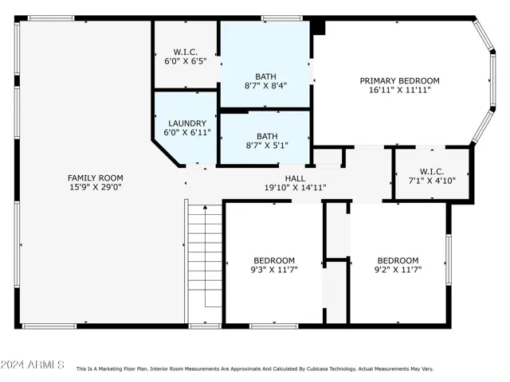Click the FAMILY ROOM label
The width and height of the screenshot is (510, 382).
pos(96,178)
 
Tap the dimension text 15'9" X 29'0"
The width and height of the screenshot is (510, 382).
pos(96,187)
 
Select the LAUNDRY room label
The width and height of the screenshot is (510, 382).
pos(187,123)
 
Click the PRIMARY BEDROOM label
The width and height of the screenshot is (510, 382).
pos(399,80)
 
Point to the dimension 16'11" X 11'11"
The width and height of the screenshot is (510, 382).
pos(399,90)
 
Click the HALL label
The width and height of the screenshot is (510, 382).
pos(295,178)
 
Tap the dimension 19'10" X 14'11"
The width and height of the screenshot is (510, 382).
pos(295,188)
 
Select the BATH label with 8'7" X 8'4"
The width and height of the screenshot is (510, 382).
pos(265,76)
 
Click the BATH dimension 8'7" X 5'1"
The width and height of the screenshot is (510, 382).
pos(267,146)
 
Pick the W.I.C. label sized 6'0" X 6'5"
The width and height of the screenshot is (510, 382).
pos(186,52)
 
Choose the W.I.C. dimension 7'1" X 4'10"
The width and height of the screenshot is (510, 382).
pos(432,181)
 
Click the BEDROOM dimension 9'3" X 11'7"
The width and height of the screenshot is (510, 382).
pos(274,270)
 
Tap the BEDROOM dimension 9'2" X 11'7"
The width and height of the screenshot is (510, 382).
pos(398,270)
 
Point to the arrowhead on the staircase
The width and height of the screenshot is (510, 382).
pos(205,207)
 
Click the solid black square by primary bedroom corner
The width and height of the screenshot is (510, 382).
pos(319,28)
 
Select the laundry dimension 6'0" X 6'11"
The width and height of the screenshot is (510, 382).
pos(187,133)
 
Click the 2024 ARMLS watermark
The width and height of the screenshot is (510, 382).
pos(32,364)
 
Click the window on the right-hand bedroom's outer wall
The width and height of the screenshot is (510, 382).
pos(449,260)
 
